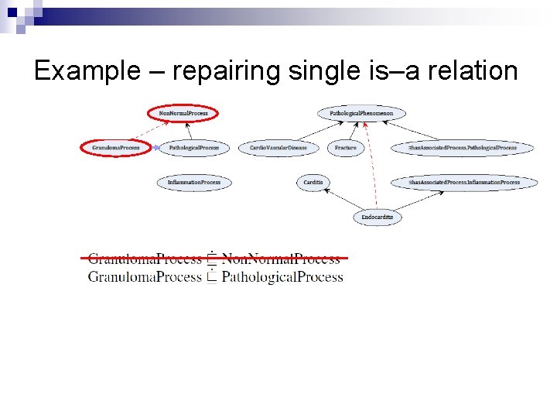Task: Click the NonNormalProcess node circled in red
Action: click(x=183, y=114)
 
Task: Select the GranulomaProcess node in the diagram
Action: click(x=116, y=147)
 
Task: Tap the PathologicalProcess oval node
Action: click(x=194, y=147)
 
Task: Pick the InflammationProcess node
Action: click(x=194, y=183)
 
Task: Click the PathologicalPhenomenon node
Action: click(x=361, y=114)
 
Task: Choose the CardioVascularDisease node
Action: click(x=278, y=147)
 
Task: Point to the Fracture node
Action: click(x=346, y=147)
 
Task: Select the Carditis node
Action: click(x=313, y=183)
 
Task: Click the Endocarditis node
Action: click(x=378, y=218)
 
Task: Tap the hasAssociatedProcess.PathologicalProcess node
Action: click(x=463, y=147)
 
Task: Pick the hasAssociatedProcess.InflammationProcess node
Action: click(x=464, y=183)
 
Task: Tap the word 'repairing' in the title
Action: click(x=227, y=71)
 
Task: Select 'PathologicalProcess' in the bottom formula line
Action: click(x=282, y=277)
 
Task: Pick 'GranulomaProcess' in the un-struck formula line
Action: click(x=145, y=277)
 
